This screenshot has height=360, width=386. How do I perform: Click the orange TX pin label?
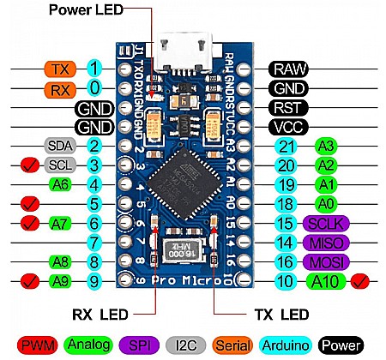click(x=59, y=68)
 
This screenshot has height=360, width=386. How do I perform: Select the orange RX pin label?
click(x=59, y=88)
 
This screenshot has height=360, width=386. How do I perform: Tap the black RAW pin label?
click(x=291, y=68)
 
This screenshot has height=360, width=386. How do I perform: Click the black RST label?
click(x=291, y=108)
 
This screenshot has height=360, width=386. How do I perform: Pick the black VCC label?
click(x=291, y=127)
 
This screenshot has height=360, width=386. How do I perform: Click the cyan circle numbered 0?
click(x=94, y=88)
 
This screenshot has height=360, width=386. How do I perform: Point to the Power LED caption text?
click(x=85, y=10)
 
